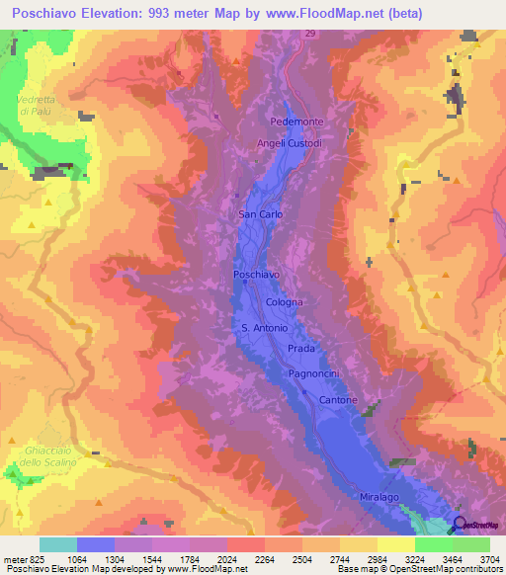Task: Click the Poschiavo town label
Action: tap(255, 274)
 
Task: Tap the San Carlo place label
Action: tap(261, 213)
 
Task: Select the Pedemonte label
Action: tap(296, 122)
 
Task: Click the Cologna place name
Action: tap(284, 302)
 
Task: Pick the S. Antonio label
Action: tap(264, 328)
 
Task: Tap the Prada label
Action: tap(300, 350)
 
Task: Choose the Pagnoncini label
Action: tap(315, 373)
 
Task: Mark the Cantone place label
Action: tap(337, 399)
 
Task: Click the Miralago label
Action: tap(380, 498)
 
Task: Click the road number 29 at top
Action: tap(309, 34)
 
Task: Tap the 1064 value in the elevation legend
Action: tap(95, 559)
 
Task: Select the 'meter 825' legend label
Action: tap(21, 559)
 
